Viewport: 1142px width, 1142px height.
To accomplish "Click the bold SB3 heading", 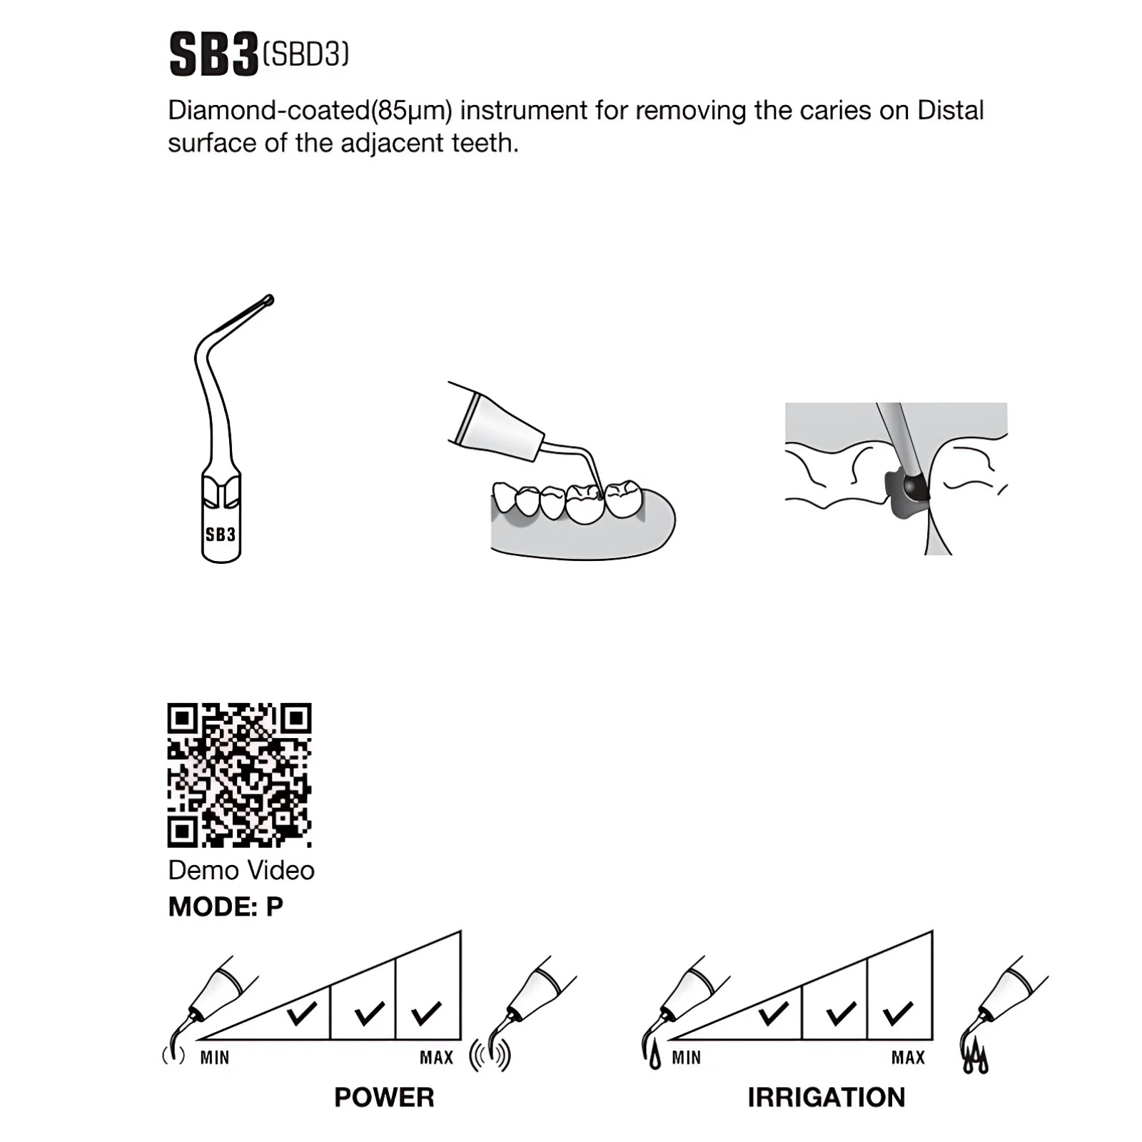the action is point(213,55).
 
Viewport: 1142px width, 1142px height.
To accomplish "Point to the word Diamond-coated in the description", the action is point(269,111).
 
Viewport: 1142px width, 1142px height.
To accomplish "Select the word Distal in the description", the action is point(951,110).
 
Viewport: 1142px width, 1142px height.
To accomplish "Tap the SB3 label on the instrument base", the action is point(221,534).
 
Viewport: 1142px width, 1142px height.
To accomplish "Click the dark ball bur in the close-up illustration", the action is point(911,485).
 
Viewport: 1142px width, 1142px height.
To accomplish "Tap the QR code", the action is point(240,775).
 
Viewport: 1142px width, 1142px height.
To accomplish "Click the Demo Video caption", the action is point(241,870).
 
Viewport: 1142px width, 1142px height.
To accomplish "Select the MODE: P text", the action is point(226,906).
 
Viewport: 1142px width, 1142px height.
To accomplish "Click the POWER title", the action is point(384,1097).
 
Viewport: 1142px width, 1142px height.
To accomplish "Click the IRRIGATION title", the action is point(827,1097).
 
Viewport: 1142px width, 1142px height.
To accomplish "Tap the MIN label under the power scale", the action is point(215,1057).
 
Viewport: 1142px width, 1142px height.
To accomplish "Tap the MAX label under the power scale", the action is point(437,1057).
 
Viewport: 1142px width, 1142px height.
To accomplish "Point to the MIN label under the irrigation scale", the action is point(686,1057).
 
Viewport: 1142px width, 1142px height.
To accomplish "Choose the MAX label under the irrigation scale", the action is point(908,1057).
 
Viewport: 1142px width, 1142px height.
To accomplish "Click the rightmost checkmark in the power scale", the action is point(426,1014).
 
